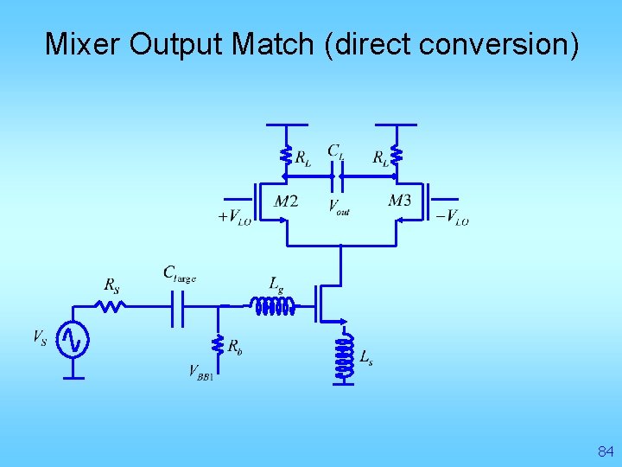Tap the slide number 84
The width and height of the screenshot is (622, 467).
pyautogui.click(x=605, y=451)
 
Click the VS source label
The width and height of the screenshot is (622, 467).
pyautogui.click(x=41, y=337)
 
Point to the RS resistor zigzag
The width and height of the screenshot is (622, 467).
pyautogui.click(x=111, y=304)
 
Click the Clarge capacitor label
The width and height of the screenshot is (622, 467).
pyautogui.click(x=180, y=273)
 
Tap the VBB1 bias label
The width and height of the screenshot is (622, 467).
pyautogui.click(x=201, y=372)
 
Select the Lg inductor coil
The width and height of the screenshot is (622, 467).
pyautogui.click(x=272, y=304)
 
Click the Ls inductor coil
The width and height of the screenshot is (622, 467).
pyautogui.click(x=345, y=356)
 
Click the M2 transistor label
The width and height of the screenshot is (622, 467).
pyautogui.click(x=286, y=202)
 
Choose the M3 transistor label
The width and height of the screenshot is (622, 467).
pyautogui.click(x=399, y=201)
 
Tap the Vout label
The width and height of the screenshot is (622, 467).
pyautogui.click(x=339, y=208)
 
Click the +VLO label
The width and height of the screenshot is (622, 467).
pyautogui.click(x=234, y=217)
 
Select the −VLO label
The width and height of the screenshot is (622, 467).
pyautogui.click(x=452, y=217)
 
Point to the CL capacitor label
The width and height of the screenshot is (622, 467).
pyautogui.click(x=336, y=151)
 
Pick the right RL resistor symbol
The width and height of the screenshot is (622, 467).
pyautogui.click(x=397, y=155)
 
